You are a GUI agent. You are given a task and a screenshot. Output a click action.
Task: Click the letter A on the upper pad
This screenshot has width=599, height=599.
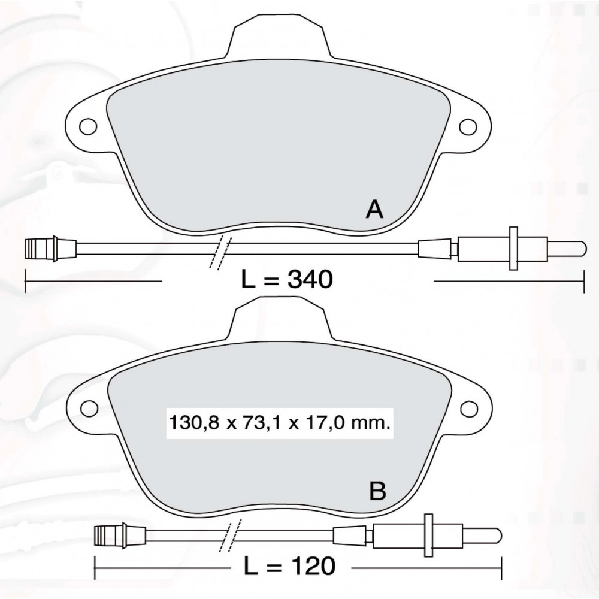click(374, 209)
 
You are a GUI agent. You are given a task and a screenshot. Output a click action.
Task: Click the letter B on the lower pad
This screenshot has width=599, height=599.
click(377, 491)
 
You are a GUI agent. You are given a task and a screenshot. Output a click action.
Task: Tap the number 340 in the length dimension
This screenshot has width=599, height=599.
click(310, 279)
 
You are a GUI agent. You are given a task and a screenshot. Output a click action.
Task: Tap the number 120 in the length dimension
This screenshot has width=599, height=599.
click(312, 566)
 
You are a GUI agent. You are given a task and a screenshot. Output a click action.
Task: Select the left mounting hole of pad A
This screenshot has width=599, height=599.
click(88, 126)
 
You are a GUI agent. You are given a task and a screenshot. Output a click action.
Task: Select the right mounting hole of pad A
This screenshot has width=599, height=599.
click(468, 127)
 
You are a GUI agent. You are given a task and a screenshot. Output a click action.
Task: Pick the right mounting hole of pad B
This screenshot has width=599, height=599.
click(469, 409)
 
